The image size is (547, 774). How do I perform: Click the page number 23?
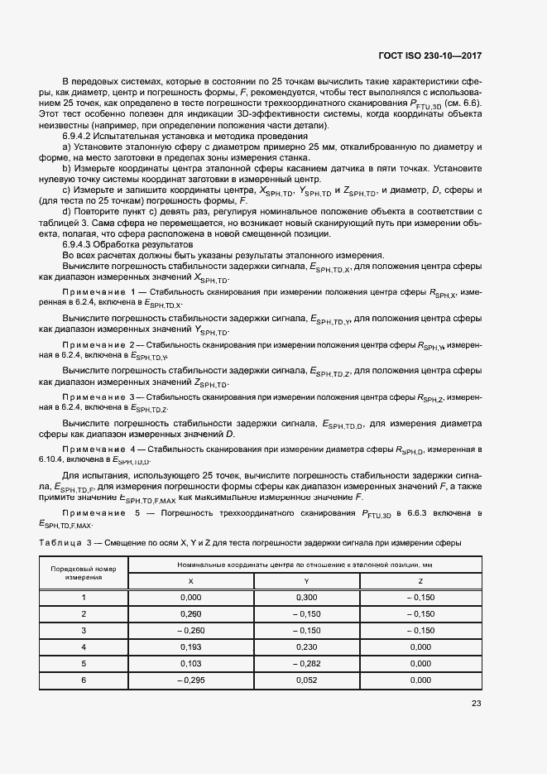476,704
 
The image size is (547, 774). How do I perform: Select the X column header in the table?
190,581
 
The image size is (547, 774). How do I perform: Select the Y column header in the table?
306,581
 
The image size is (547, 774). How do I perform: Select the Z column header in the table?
422,581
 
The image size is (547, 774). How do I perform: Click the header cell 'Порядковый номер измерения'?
83,573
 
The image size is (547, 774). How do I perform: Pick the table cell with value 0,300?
306,598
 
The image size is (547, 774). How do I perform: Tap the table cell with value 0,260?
190,613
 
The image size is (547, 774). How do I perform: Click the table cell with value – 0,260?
190,630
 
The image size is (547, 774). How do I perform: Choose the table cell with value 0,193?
190,647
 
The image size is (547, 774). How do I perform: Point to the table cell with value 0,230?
306,647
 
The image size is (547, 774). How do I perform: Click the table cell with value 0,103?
190,663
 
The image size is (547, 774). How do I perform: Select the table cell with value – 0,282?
306,663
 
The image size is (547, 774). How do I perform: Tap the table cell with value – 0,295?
190,680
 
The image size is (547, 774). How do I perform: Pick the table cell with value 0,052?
306,680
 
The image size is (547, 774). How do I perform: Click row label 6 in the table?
83,680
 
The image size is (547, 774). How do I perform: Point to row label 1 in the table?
83,598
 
